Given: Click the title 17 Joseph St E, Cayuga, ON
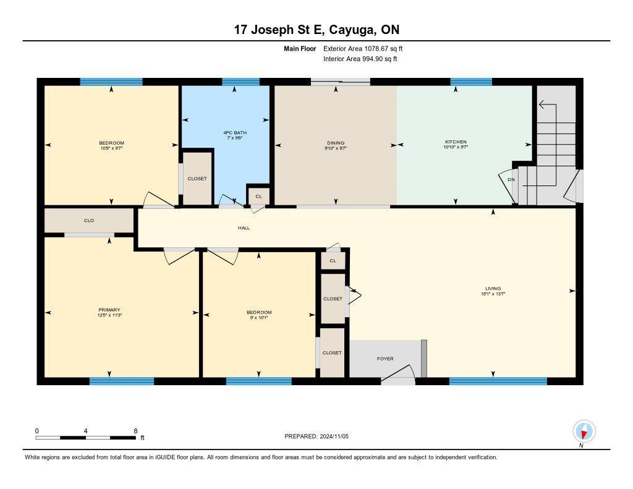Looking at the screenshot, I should coord(316,30).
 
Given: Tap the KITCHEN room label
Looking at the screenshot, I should coord(456,142).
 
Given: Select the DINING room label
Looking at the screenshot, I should coord(336,143).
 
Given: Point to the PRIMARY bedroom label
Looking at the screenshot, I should coord(109,310).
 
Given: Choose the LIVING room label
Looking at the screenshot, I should coord(493,288).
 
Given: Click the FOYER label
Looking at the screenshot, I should coord(385,359).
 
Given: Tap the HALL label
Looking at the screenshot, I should coord(244,228).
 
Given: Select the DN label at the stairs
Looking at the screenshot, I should coord(511,179).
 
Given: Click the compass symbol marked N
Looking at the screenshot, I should coord(583,431).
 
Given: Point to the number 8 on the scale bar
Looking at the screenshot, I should coord(135,431).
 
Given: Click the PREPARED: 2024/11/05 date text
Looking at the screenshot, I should coord(320,436).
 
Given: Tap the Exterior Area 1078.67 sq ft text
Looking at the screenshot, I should coord(363,48).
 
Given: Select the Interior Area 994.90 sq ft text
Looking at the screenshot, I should coord(360,59).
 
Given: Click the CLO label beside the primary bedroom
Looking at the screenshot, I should coord(88,220).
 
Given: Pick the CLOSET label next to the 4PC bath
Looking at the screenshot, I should coord(197,178).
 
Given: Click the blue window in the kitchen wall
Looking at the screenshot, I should coord(471,82).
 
